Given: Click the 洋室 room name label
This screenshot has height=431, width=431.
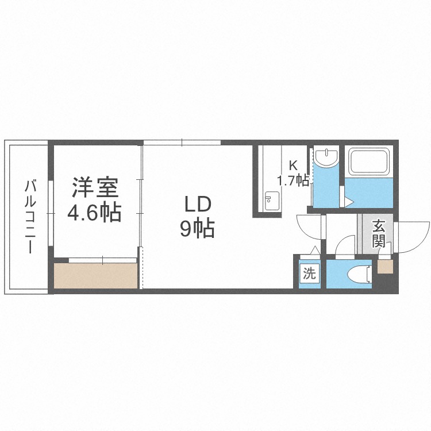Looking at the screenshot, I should (x=95, y=188).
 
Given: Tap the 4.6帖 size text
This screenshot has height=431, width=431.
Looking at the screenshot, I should (x=95, y=214).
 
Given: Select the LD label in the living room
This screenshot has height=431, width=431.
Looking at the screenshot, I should (x=198, y=204).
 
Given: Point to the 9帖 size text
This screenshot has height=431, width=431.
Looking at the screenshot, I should (x=198, y=229).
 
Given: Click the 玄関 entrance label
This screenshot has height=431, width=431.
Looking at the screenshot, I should (x=378, y=233).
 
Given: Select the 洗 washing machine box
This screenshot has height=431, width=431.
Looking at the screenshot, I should (x=309, y=274).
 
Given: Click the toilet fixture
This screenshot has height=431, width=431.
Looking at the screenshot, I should (x=359, y=274).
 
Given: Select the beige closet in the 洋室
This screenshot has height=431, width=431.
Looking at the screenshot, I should (x=96, y=276).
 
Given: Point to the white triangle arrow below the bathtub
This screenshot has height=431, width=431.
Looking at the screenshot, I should (x=348, y=201).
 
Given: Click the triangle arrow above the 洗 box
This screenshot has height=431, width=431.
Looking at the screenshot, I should (x=314, y=251).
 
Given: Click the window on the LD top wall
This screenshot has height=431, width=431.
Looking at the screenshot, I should (x=182, y=142).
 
